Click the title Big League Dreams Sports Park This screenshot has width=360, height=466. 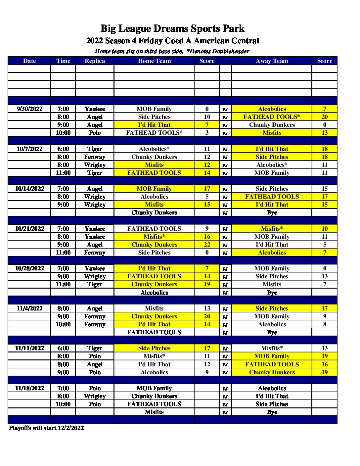[172, 29]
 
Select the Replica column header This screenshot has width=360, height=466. [95, 61]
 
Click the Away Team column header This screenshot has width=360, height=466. [272, 61]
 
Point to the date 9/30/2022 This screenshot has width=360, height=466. [29, 109]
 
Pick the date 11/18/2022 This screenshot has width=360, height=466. [29, 388]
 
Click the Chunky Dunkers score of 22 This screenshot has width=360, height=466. [207, 245]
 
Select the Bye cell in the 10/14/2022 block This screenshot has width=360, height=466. [272, 212]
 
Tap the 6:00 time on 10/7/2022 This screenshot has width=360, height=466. [63, 149]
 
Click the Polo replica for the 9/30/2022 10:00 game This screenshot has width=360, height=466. [95, 133]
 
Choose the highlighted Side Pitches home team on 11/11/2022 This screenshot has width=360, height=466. [154, 348]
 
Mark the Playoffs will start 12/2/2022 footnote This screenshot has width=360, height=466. [46, 428]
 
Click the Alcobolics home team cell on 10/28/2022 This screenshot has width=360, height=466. [154, 293]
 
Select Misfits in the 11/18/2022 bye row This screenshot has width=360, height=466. [154, 412]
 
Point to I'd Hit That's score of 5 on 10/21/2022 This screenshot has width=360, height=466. [325, 245]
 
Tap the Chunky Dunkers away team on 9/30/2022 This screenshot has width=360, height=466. [272, 125]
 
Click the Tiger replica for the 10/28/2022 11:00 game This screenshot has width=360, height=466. [95, 284]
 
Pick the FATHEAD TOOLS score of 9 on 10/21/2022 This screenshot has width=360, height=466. [207, 229]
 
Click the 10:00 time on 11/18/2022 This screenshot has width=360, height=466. [63, 404]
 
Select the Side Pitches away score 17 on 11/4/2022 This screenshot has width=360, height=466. [325, 308]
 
